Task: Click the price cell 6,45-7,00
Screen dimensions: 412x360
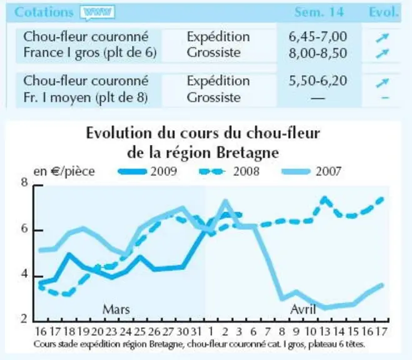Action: pyautogui.click(x=318, y=37)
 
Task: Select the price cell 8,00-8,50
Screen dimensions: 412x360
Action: pyautogui.click(x=318, y=53)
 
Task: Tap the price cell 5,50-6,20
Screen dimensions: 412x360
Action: pyautogui.click(x=318, y=81)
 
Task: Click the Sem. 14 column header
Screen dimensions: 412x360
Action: pyautogui.click(x=319, y=12)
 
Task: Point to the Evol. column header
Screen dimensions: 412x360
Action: pyautogui.click(x=384, y=12)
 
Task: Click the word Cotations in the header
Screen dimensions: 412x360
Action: pyautogui.click(x=44, y=12)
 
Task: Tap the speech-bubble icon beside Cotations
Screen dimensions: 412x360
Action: pyautogui.click(x=98, y=12)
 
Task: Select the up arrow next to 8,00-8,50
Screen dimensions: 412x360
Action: pyautogui.click(x=383, y=53)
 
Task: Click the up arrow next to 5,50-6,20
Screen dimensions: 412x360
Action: pyautogui.click(x=383, y=82)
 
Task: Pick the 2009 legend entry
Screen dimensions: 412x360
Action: pyautogui.click(x=148, y=172)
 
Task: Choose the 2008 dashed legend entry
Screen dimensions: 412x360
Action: pyautogui.click(x=229, y=172)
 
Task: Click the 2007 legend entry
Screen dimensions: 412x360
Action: pyautogui.click(x=311, y=172)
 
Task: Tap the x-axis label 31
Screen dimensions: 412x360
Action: pyautogui.click(x=196, y=332)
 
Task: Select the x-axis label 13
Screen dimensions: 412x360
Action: pyautogui.click(x=324, y=332)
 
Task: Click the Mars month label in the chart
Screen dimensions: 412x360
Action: pyautogui.click(x=116, y=309)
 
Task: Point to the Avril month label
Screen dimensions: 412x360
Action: pyautogui.click(x=303, y=309)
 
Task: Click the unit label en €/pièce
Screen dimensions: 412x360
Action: pyautogui.click(x=64, y=172)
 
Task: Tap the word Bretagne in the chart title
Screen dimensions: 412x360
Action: pyautogui.click(x=248, y=153)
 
